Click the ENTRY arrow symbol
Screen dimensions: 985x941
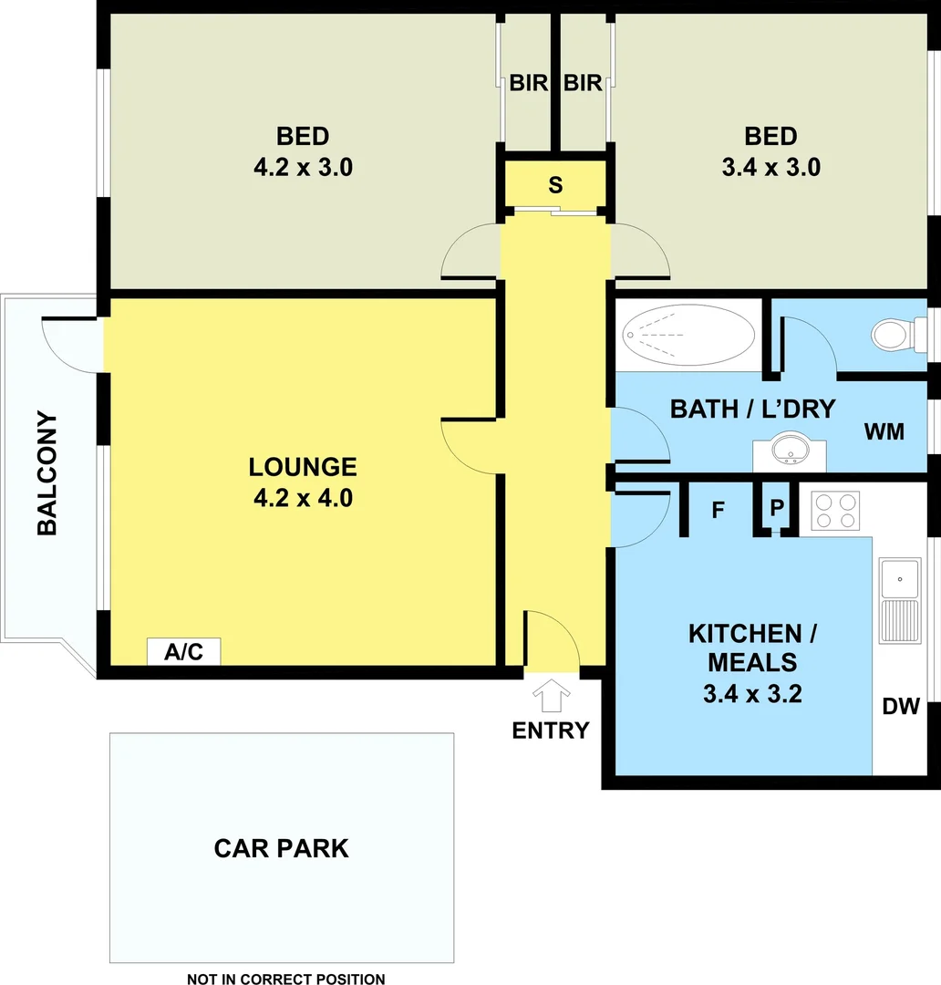[551, 698]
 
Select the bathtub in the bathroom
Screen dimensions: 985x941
[687, 335]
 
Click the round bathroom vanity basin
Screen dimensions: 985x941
[789, 451]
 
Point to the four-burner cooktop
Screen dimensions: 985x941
[835, 511]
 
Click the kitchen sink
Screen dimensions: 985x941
[900, 578]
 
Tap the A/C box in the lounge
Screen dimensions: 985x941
[183, 652]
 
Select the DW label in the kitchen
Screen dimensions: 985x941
[900, 706]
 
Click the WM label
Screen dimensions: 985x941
[884, 431]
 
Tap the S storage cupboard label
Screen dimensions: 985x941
[555, 185]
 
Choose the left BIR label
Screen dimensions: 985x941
[528, 83]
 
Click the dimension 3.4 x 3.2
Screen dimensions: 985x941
[752, 694]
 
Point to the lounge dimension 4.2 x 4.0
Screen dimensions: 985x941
[303, 499]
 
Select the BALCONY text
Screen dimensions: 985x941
[47, 473]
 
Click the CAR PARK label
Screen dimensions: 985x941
[281, 848]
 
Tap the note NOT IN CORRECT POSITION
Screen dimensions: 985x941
[285, 980]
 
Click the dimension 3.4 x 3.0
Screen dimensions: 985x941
[770, 167]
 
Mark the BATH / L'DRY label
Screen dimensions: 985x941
[752, 409]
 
